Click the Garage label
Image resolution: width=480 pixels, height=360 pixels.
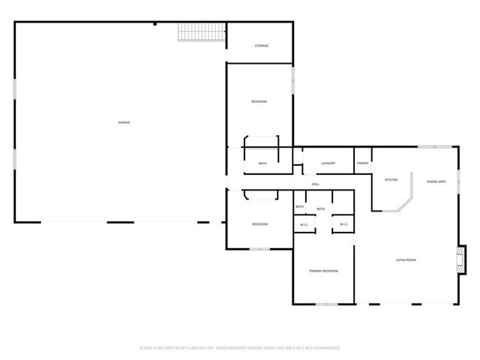[x=124, y=122]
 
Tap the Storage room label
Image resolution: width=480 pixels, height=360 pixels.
[x=261, y=46]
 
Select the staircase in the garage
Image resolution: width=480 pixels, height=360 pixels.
[x=202, y=32]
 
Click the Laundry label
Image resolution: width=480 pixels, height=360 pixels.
[x=328, y=163]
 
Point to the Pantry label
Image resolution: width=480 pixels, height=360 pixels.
[x=363, y=163]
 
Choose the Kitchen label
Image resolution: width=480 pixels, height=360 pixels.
[x=391, y=180]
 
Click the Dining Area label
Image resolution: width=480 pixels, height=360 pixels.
[x=436, y=181]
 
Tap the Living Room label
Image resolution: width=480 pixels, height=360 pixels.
[x=406, y=260]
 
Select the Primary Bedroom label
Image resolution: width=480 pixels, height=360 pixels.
[x=323, y=271]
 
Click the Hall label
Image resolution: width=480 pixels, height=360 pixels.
[x=316, y=184]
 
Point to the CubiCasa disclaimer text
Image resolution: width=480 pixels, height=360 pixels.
[x=240, y=348]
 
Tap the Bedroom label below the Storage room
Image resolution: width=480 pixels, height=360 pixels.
[x=259, y=101]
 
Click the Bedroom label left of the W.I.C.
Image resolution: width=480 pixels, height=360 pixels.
[x=259, y=224]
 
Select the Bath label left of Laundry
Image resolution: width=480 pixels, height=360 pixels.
[x=262, y=163]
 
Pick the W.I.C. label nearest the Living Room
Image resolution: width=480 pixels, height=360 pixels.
[x=343, y=224]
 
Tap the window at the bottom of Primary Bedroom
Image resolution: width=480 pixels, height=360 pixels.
[x=326, y=304]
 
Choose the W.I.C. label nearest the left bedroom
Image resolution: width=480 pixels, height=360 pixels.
[x=304, y=224]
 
